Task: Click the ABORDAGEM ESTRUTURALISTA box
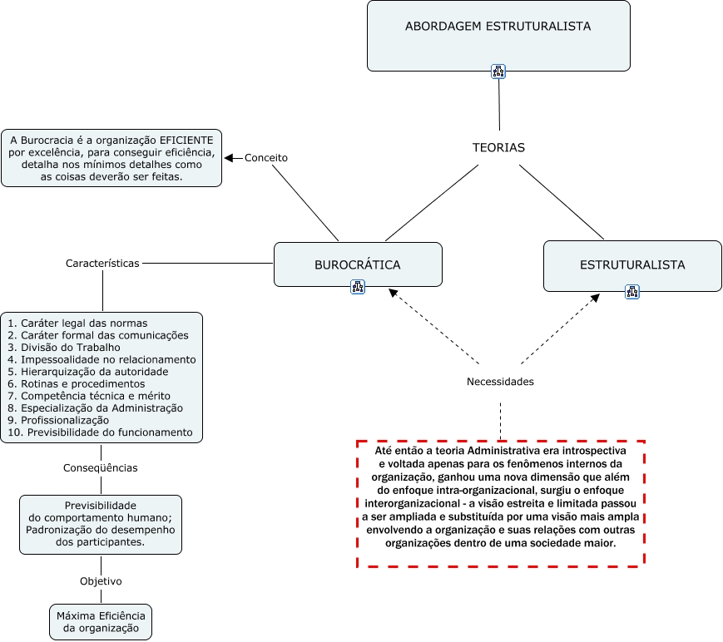pos(498,27)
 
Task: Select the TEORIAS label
pos(498,147)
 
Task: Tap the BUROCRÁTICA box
pos(358,264)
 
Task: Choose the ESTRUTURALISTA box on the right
pos(632,264)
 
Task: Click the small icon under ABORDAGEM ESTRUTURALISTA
pos(498,72)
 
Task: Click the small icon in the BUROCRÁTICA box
pos(358,287)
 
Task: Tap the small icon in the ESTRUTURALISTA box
pos(632,291)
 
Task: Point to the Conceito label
pos(265,157)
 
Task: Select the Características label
pos(102,263)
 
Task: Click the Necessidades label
pos(500,382)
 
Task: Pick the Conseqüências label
pos(101,467)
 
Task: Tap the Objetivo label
pos(101,581)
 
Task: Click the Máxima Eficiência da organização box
pos(101,622)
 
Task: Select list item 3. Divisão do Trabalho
pos(64,347)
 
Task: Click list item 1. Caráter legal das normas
pos(77,323)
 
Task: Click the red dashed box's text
pos(500,496)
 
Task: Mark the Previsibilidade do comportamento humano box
pos(100,523)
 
